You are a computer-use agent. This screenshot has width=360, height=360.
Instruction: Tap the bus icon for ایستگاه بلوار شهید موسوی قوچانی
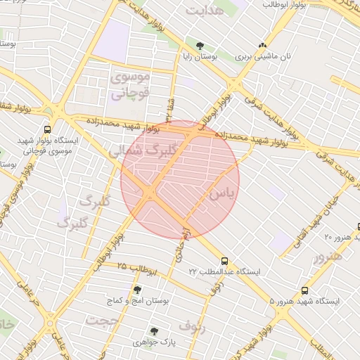(47, 129)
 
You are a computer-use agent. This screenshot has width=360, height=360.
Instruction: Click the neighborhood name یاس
(220, 192)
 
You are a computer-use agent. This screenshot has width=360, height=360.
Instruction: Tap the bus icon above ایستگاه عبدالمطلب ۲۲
(224, 260)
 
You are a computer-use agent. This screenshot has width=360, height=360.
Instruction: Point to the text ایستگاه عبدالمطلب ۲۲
(224, 271)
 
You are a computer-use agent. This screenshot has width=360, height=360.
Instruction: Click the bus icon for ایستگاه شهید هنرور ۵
(304, 290)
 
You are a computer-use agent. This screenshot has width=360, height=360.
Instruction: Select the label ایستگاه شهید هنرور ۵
(304, 301)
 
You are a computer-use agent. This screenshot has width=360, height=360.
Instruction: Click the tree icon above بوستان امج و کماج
(136, 289)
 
